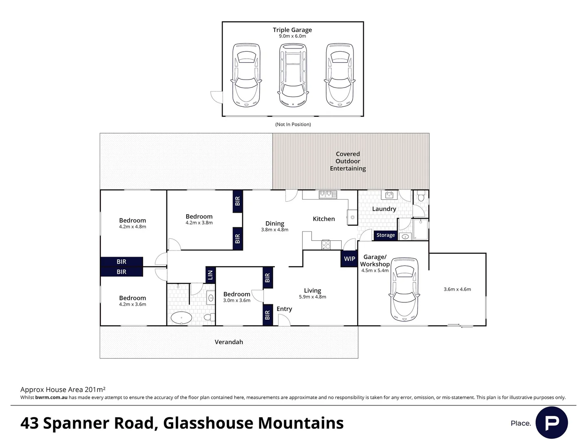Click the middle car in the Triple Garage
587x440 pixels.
(x=293, y=75)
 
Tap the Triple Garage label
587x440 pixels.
(x=292, y=30)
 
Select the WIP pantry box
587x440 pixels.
(x=349, y=259)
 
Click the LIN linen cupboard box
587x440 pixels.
(x=210, y=275)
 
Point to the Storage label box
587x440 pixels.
(x=385, y=235)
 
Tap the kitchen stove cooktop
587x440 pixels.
(x=326, y=244)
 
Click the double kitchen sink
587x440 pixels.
(x=328, y=194)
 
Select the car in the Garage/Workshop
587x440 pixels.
(x=404, y=288)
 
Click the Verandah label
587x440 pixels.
(x=229, y=342)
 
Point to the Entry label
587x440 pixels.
(x=284, y=309)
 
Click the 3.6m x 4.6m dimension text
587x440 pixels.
(x=457, y=289)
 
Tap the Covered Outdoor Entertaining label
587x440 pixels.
(x=348, y=161)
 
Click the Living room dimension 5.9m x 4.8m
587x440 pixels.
(x=312, y=297)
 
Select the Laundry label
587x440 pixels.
(x=384, y=209)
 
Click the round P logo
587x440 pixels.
(x=552, y=422)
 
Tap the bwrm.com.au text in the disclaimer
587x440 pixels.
(x=51, y=397)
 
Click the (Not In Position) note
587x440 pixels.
(x=293, y=124)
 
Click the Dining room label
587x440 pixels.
(x=274, y=223)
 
